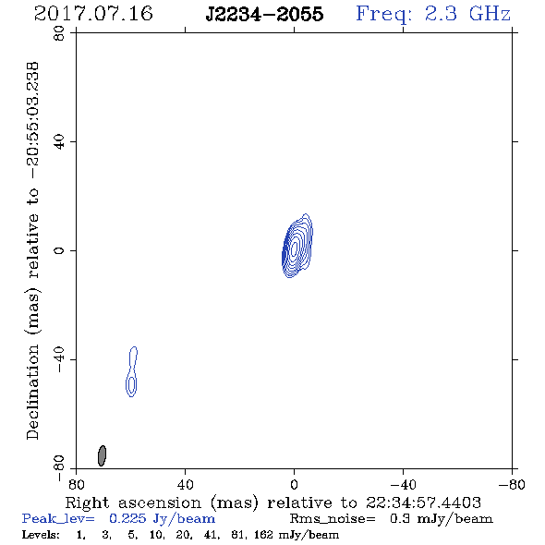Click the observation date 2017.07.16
coord(93,14)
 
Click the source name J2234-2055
coord(264,14)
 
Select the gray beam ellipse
coord(102,455)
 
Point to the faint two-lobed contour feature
coord(131,372)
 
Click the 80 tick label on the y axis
coord(59,33)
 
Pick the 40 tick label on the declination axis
coord(59,142)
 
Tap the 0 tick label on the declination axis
coord(59,250)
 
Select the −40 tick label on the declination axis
coord(59,359)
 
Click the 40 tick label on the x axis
coord(185,485)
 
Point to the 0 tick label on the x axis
coord(294,485)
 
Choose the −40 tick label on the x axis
coord(403,485)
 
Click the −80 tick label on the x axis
coord(512,485)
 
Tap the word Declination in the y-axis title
coord(32,392)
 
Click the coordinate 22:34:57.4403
coord(423,503)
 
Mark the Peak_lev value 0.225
coord(127,518)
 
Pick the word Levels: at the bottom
coord(41,535)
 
